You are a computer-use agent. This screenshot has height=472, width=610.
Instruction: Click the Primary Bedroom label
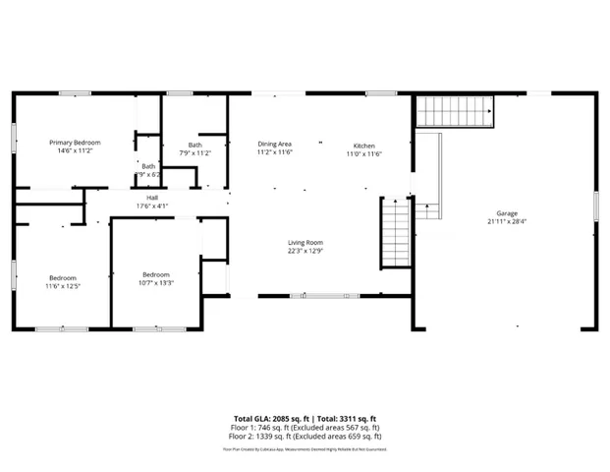(76, 143)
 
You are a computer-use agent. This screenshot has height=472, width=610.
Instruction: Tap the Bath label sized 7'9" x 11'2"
(195, 144)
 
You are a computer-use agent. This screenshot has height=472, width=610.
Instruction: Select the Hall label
(153, 197)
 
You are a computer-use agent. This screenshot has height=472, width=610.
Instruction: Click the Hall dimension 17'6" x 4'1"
(153, 206)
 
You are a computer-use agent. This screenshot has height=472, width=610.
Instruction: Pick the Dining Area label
(275, 144)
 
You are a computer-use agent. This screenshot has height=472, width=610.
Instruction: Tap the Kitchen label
(363, 144)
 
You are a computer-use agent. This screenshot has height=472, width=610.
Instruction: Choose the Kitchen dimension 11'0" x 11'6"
(363, 153)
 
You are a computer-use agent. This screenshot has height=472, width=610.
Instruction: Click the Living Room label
(305, 242)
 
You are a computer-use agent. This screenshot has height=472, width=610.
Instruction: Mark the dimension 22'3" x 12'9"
(305, 252)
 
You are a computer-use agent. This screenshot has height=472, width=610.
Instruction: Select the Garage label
(507, 212)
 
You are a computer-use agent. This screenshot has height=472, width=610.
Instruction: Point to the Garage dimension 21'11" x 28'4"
(507, 222)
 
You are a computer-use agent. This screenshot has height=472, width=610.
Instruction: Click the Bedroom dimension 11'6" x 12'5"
(61, 287)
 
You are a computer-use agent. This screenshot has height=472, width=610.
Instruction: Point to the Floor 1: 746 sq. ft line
(305, 428)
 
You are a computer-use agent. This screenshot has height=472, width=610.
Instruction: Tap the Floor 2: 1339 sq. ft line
(305, 436)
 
